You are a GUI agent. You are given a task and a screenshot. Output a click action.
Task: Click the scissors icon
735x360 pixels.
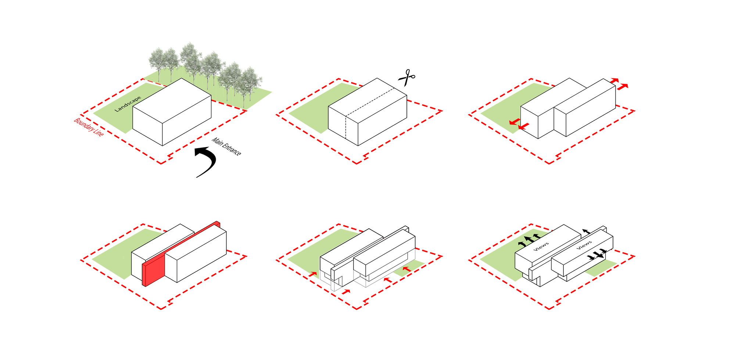pos(406,77)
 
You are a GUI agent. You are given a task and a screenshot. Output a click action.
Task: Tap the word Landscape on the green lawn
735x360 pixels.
pos(128,104)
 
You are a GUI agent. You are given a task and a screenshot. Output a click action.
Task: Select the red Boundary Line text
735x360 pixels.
pos(89,127)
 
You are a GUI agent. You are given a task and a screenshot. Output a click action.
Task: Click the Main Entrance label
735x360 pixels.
pos(226,146)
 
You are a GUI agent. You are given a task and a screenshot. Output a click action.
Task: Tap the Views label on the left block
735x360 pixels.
pos(541,246)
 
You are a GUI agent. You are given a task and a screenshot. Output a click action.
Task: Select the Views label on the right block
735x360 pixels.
pos(584,245)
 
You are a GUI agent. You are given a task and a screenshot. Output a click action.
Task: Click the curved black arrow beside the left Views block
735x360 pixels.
pos(521,244)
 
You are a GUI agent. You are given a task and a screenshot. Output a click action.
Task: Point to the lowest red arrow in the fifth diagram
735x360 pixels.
pos(346,292)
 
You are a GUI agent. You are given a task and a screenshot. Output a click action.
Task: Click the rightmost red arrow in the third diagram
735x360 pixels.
pos(623,87)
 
